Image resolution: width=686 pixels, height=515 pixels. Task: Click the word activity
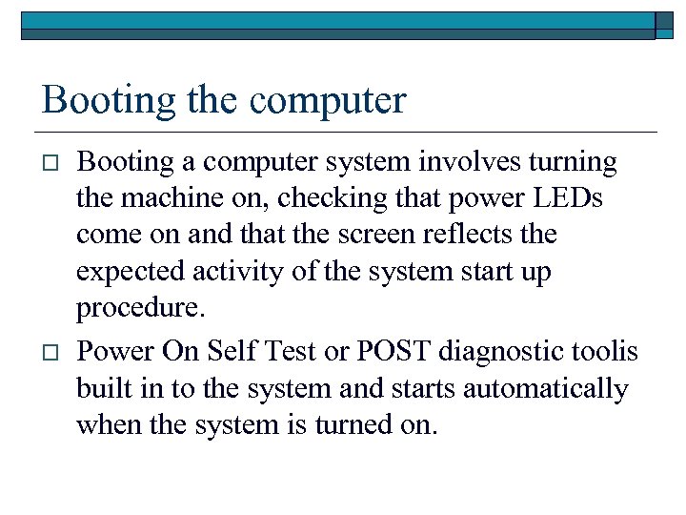(x=234, y=271)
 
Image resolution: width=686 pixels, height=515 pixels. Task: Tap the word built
(x=100, y=388)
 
